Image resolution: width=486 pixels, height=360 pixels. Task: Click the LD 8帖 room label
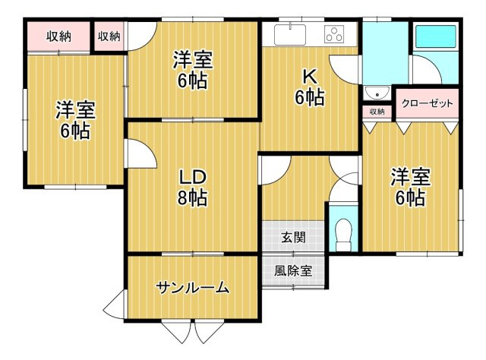(193, 187)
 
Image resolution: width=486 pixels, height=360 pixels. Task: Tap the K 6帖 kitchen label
(310, 87)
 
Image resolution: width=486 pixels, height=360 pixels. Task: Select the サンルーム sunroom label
(192, 287)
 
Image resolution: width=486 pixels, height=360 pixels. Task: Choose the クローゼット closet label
(427, 103)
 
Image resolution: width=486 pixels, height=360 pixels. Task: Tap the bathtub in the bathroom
(434, 36)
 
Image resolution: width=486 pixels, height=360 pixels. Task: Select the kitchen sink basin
(289, 34)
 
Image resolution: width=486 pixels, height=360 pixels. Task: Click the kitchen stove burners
(335, 33)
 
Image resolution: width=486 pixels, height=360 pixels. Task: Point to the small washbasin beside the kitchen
(374, 93)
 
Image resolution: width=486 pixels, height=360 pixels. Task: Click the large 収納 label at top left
(58, 36)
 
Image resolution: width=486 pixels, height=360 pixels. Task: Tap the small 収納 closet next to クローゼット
(377, 112)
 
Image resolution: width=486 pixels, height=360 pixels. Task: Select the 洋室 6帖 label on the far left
(75, 120)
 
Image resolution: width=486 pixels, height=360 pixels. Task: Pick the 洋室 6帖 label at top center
(192, 69)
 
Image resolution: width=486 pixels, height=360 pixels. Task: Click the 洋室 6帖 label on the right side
(410, 188)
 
